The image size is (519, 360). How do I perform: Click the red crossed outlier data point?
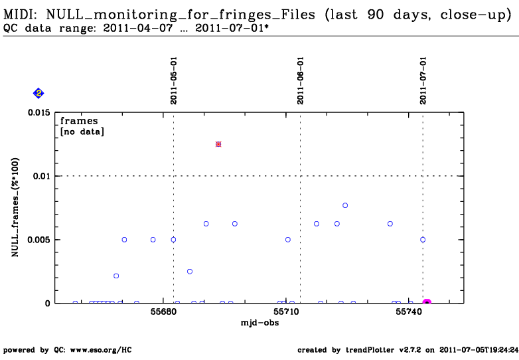click(218, 144)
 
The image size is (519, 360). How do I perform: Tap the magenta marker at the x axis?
click(427, 302)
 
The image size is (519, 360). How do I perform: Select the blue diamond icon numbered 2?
click(38, 94)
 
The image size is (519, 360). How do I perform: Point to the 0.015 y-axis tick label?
click(39, 113)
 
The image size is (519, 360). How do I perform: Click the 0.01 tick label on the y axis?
click(42, 176)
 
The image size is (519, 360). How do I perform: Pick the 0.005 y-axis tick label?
click(39, 240)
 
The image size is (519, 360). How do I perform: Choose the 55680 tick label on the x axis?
click(163, 312)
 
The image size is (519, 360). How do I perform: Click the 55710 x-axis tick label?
click(286, 312)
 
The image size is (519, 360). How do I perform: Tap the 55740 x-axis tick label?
click(409, 312)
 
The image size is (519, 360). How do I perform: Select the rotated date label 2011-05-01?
click(174, 80)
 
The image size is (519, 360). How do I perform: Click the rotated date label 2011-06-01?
click(300, 80)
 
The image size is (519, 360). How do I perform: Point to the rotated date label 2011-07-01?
click(423, 80)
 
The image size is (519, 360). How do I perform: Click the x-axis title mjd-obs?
click(259, 323)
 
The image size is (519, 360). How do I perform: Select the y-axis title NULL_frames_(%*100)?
click(15, 207)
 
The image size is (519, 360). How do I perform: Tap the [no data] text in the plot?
click(82, 132)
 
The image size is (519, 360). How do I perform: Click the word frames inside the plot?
click(79, 121)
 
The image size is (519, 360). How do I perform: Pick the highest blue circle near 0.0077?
click(345, 205)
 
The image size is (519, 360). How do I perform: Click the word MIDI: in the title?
click(21, 15)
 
